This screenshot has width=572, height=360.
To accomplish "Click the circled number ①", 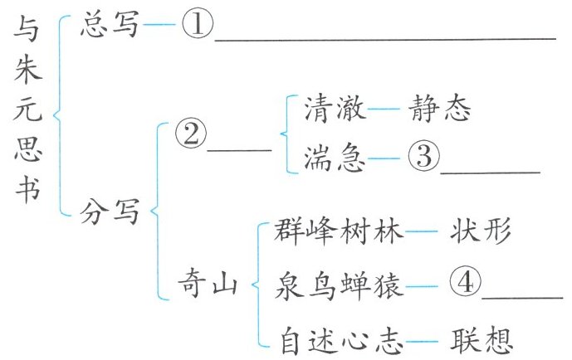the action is click(198, 24).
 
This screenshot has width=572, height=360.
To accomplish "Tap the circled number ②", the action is click(191, 134).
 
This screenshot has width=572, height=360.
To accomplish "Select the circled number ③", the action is click(423, 156).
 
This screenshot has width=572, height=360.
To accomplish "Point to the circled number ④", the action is click(465, 282).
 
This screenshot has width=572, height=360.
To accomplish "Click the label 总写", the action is click(110, 24).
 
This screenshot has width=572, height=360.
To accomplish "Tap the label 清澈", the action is click(335, 108).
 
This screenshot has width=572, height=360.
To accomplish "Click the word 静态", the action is click(439, 108).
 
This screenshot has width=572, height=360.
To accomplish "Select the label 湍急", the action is click(335, 158).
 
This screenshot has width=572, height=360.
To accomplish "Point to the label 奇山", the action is click(208, 283).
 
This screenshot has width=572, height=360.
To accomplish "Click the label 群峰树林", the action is click(339, 231).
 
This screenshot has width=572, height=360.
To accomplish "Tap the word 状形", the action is click(480, 231).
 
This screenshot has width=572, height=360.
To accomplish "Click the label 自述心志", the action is click(341, 341).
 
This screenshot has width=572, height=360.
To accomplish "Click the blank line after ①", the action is click(385, 39).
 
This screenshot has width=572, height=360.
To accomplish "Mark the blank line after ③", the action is click(491, 172).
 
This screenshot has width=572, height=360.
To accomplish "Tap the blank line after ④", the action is click(522, 298).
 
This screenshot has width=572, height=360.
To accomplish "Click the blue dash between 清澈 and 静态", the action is click(384, 109).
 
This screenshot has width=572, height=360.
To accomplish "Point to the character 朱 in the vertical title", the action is click(28, 69).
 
